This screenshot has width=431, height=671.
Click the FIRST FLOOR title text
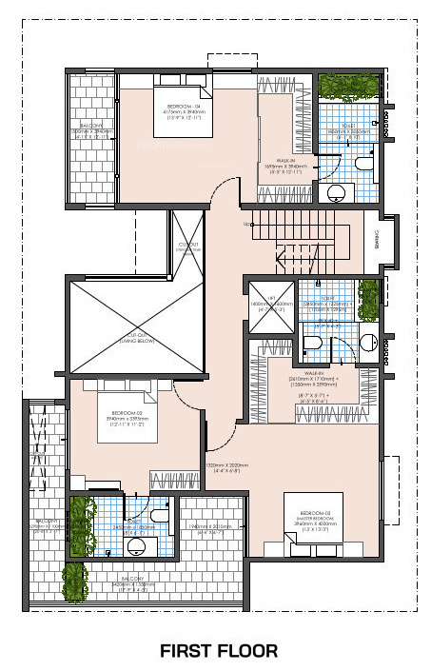pos(219,651)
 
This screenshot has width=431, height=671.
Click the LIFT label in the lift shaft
pos(271,298)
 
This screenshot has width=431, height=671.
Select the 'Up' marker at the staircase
pos(247,224)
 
